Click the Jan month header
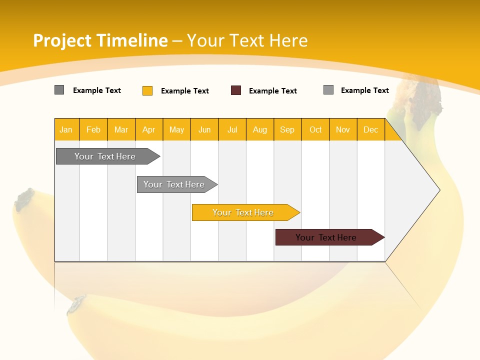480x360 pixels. click(66, 129)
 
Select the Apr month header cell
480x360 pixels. click(149, 129)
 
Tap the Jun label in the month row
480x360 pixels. click(204, 129)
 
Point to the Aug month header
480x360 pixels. click(260, 129)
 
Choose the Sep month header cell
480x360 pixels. click(287, 129)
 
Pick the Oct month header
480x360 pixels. click(315, 129)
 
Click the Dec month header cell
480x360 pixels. click(371, 129)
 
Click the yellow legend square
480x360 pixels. click(147, 90)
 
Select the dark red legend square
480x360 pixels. click(236, 90)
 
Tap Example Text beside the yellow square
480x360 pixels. click(185, 91)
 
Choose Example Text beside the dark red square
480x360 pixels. click(273, 91)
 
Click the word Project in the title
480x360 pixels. click(62, 40)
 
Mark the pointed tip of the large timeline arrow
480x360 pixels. click(439, 189)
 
